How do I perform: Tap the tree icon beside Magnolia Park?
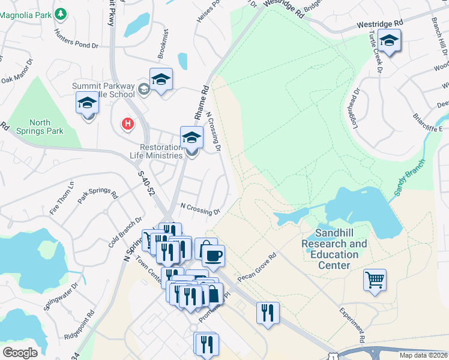[x=60, y=13]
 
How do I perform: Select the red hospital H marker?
[x=127, y=124]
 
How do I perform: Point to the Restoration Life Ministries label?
[x=152, y=151]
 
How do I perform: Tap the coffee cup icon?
[x=213, y=256]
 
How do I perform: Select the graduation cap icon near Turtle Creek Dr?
[x=389, y=40]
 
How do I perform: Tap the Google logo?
[x=20, y=352]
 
